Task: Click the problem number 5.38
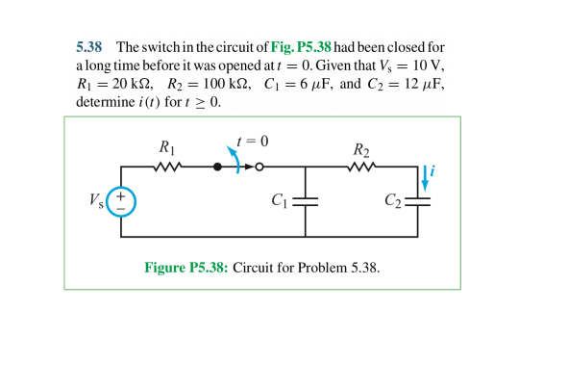pyautogui.click(x=89, y=47)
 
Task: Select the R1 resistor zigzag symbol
pyautogui.click(x=167, y=167)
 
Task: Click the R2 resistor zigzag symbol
pyautogui.click(x=361, y=167)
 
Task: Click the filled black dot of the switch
pyautogui.click(x=217, y=167)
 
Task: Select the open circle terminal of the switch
pyautogui.click(x=259, y=167)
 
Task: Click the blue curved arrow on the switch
pyautogui.click(x=234, y=159)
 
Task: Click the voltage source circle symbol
pyautogui.click(x=121, y=201)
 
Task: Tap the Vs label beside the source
pyautogui.click(x=96, y=201)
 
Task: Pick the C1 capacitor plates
pyautogui.click(x=305, y=202)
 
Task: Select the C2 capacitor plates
pyautogui.click(x=418, y=202)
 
